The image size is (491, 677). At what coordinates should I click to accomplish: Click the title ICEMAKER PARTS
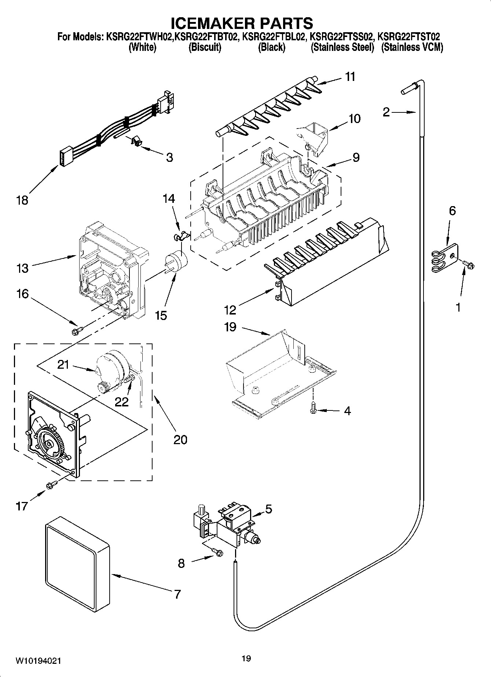click(x=242, y=23)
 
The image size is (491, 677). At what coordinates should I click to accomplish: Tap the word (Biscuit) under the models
click(x=205, y=48)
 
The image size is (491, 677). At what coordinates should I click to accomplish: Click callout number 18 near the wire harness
click(x=22, y=200)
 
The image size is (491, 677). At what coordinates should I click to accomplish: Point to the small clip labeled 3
click(x=136, y=141)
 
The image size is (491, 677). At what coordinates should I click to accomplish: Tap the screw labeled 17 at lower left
click(x=52, y=485)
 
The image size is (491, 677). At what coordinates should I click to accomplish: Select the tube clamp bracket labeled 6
click(x=445, y=258)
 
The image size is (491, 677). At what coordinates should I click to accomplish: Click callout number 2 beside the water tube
click(x=386, y=112)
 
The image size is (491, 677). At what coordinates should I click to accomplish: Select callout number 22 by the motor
click(x=122, y=402)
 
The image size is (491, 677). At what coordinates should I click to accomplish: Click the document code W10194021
click(x=38, y=661)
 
